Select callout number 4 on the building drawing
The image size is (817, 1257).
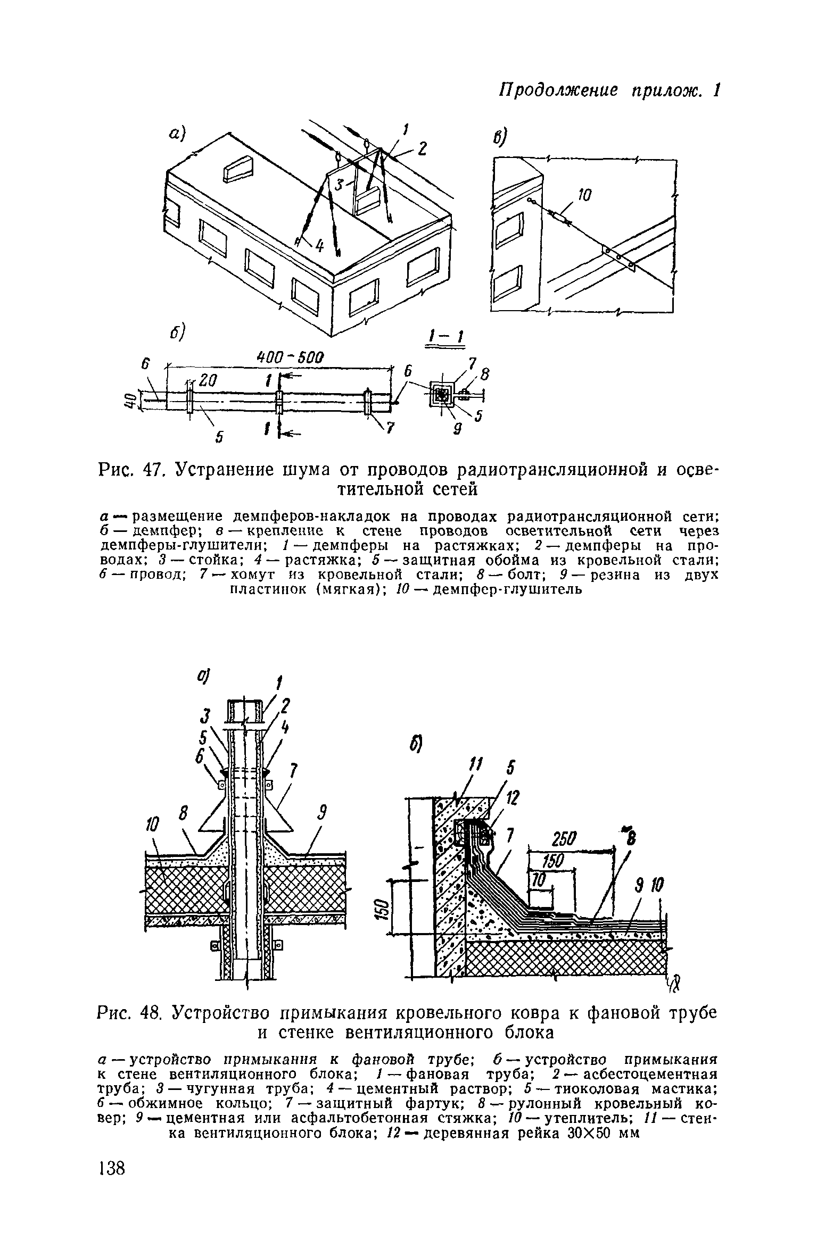click(319, 246)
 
